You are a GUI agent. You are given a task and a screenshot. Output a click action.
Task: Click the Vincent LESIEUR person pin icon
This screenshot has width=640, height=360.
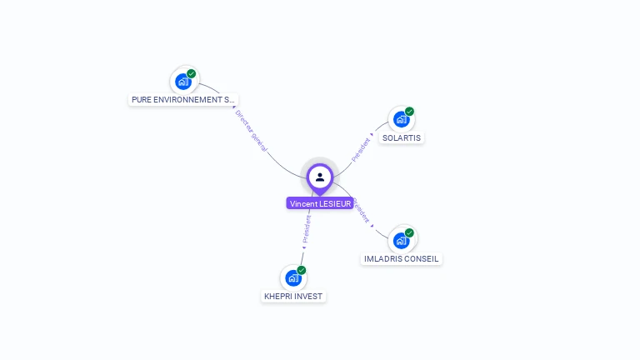point(320,177)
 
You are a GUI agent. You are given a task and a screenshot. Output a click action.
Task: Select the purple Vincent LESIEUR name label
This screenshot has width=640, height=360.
point(320,203)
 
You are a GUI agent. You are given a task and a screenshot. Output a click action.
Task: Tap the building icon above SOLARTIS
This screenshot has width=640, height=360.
point(401,119)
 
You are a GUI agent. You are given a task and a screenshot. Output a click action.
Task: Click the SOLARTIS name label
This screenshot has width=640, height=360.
point(402,137)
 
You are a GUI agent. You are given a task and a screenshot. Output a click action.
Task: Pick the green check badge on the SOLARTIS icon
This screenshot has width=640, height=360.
point(409,111)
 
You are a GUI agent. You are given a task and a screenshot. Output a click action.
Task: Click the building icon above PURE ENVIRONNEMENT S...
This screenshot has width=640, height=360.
point(182,82)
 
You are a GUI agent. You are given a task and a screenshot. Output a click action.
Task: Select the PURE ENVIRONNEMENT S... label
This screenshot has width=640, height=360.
point(183,99)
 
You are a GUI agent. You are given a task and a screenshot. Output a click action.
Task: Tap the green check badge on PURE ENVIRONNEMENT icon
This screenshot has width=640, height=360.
point(191,74)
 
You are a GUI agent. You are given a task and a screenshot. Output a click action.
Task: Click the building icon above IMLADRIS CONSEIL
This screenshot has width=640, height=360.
point(401,241)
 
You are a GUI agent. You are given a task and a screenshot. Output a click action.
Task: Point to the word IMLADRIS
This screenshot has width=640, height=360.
point(383,259)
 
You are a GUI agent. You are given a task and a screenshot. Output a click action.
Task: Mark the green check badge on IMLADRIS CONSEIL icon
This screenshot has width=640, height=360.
point(409,232)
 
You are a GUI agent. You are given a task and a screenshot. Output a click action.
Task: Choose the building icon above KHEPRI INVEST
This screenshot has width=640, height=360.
point(292,277)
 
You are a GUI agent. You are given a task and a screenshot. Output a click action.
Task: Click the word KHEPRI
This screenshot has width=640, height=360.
point(277,296)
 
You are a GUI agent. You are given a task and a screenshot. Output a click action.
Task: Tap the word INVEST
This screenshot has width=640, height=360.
point(307,296)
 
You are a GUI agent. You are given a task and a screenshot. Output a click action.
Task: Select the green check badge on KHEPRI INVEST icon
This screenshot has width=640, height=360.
point(301,270)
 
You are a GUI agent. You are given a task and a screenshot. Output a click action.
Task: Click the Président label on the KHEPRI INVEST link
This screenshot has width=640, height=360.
point(306,229)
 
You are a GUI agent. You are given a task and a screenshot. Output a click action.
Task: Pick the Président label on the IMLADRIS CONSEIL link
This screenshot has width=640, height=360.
point(362,212)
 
